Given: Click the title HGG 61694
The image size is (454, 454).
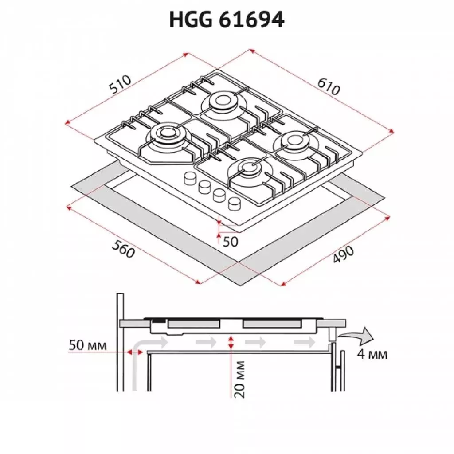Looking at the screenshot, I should coord(227,20).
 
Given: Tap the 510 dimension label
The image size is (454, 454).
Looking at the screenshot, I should coord(121,85).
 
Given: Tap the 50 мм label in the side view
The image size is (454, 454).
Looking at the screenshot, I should coord(87,345).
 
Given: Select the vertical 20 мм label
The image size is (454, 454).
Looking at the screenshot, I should coord(239,379).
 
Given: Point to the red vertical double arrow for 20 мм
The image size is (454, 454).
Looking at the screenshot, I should coord(230,342).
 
